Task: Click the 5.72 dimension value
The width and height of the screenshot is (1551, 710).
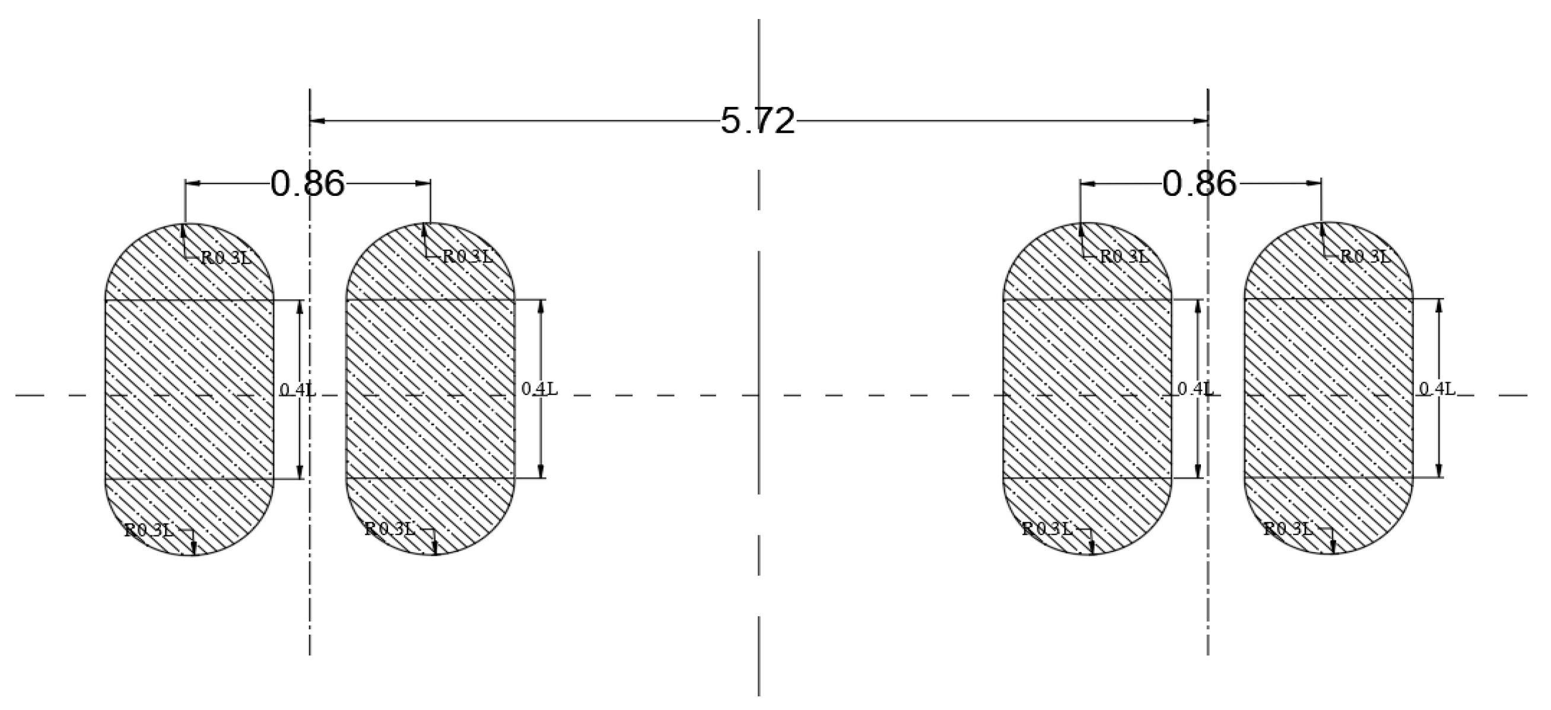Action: click(x=758, y=121)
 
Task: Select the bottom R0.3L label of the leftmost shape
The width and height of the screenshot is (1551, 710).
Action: click(x=149, y=530)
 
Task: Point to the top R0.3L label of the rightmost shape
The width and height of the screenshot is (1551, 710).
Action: click(x=1365, y=256)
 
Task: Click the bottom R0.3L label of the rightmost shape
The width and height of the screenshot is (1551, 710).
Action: click(x=1288, y=529)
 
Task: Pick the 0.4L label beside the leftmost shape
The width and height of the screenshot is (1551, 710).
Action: click(x=298, y=389)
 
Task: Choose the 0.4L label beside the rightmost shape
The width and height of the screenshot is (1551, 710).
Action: click(x=1437, y=389)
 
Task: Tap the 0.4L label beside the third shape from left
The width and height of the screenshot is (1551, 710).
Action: click(x=1195, y=389)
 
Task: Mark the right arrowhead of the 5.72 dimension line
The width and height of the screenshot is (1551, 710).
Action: click(x=1200, y=121)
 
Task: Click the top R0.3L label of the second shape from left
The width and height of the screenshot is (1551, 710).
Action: click(x=468, y=256)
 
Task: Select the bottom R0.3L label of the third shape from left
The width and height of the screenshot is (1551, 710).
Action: click(x=1048, y=529)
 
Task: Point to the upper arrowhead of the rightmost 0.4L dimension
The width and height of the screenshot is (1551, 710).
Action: click(x=1439, y=305)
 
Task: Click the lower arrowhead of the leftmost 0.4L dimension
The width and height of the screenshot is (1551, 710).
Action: click(x=300, y=471)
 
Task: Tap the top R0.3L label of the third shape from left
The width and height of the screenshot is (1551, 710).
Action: click(x=1125, y=256)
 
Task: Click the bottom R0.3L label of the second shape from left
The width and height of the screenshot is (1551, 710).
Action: click(x=390, y=529)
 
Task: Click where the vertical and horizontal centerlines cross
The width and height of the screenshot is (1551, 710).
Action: click(x=759, y=395)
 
